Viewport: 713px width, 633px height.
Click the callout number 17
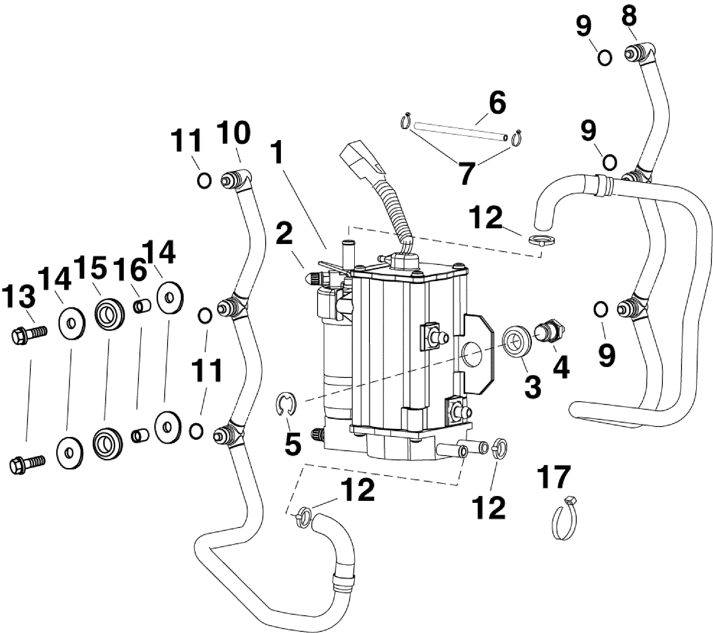tap(554, 477)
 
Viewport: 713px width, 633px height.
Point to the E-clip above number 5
tap(287, 404)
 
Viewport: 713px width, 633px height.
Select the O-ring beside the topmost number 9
tap(605, 58)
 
